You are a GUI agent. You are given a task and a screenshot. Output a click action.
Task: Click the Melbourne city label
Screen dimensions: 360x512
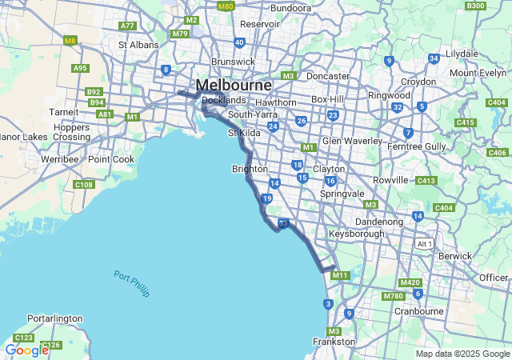coord(234,85)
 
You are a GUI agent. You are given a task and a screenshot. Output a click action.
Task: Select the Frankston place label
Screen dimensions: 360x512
coord(334,342)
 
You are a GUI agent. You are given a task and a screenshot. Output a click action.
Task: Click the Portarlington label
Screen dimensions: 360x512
coord(54,318)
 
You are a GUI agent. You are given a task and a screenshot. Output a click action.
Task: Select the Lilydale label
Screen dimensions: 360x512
coord(461,54)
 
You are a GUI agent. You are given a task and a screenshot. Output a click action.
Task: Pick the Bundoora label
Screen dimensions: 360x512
coord(290,8)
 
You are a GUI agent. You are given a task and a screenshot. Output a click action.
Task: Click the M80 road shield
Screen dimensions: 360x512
coord(226,6)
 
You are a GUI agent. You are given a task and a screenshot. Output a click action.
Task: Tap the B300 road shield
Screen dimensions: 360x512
coord(498,6)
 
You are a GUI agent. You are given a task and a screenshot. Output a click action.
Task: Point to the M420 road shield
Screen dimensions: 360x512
coord(410,282)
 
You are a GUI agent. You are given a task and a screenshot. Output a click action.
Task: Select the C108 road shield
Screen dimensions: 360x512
coord(83,185)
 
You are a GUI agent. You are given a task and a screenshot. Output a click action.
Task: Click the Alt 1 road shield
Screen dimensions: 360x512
coord(424,243)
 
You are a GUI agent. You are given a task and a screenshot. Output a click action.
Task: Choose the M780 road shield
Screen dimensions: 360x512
coord(393,296)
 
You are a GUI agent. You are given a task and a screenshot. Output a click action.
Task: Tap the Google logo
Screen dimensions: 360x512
coord(26,350)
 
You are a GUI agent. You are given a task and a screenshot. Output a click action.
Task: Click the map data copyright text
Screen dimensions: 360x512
coord(462,354)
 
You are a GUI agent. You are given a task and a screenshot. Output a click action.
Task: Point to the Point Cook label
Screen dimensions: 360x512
coord(111,159)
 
